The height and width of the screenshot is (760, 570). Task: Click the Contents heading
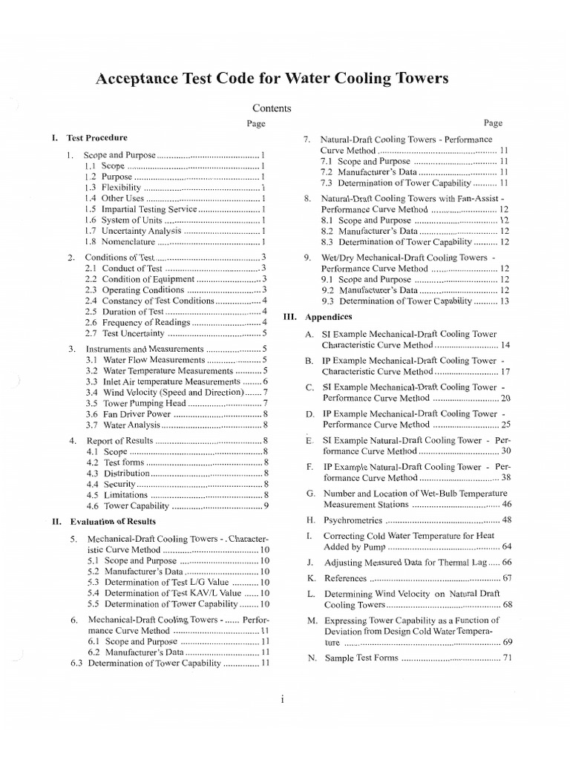272,108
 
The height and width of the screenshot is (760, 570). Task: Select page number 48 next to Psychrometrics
507,520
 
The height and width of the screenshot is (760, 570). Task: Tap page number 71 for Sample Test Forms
508,658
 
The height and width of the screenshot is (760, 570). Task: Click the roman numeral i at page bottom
284,699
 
